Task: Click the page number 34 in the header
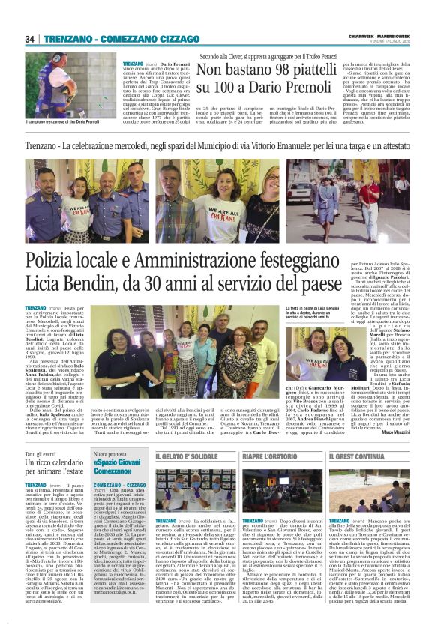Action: click(x=30, y=39)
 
